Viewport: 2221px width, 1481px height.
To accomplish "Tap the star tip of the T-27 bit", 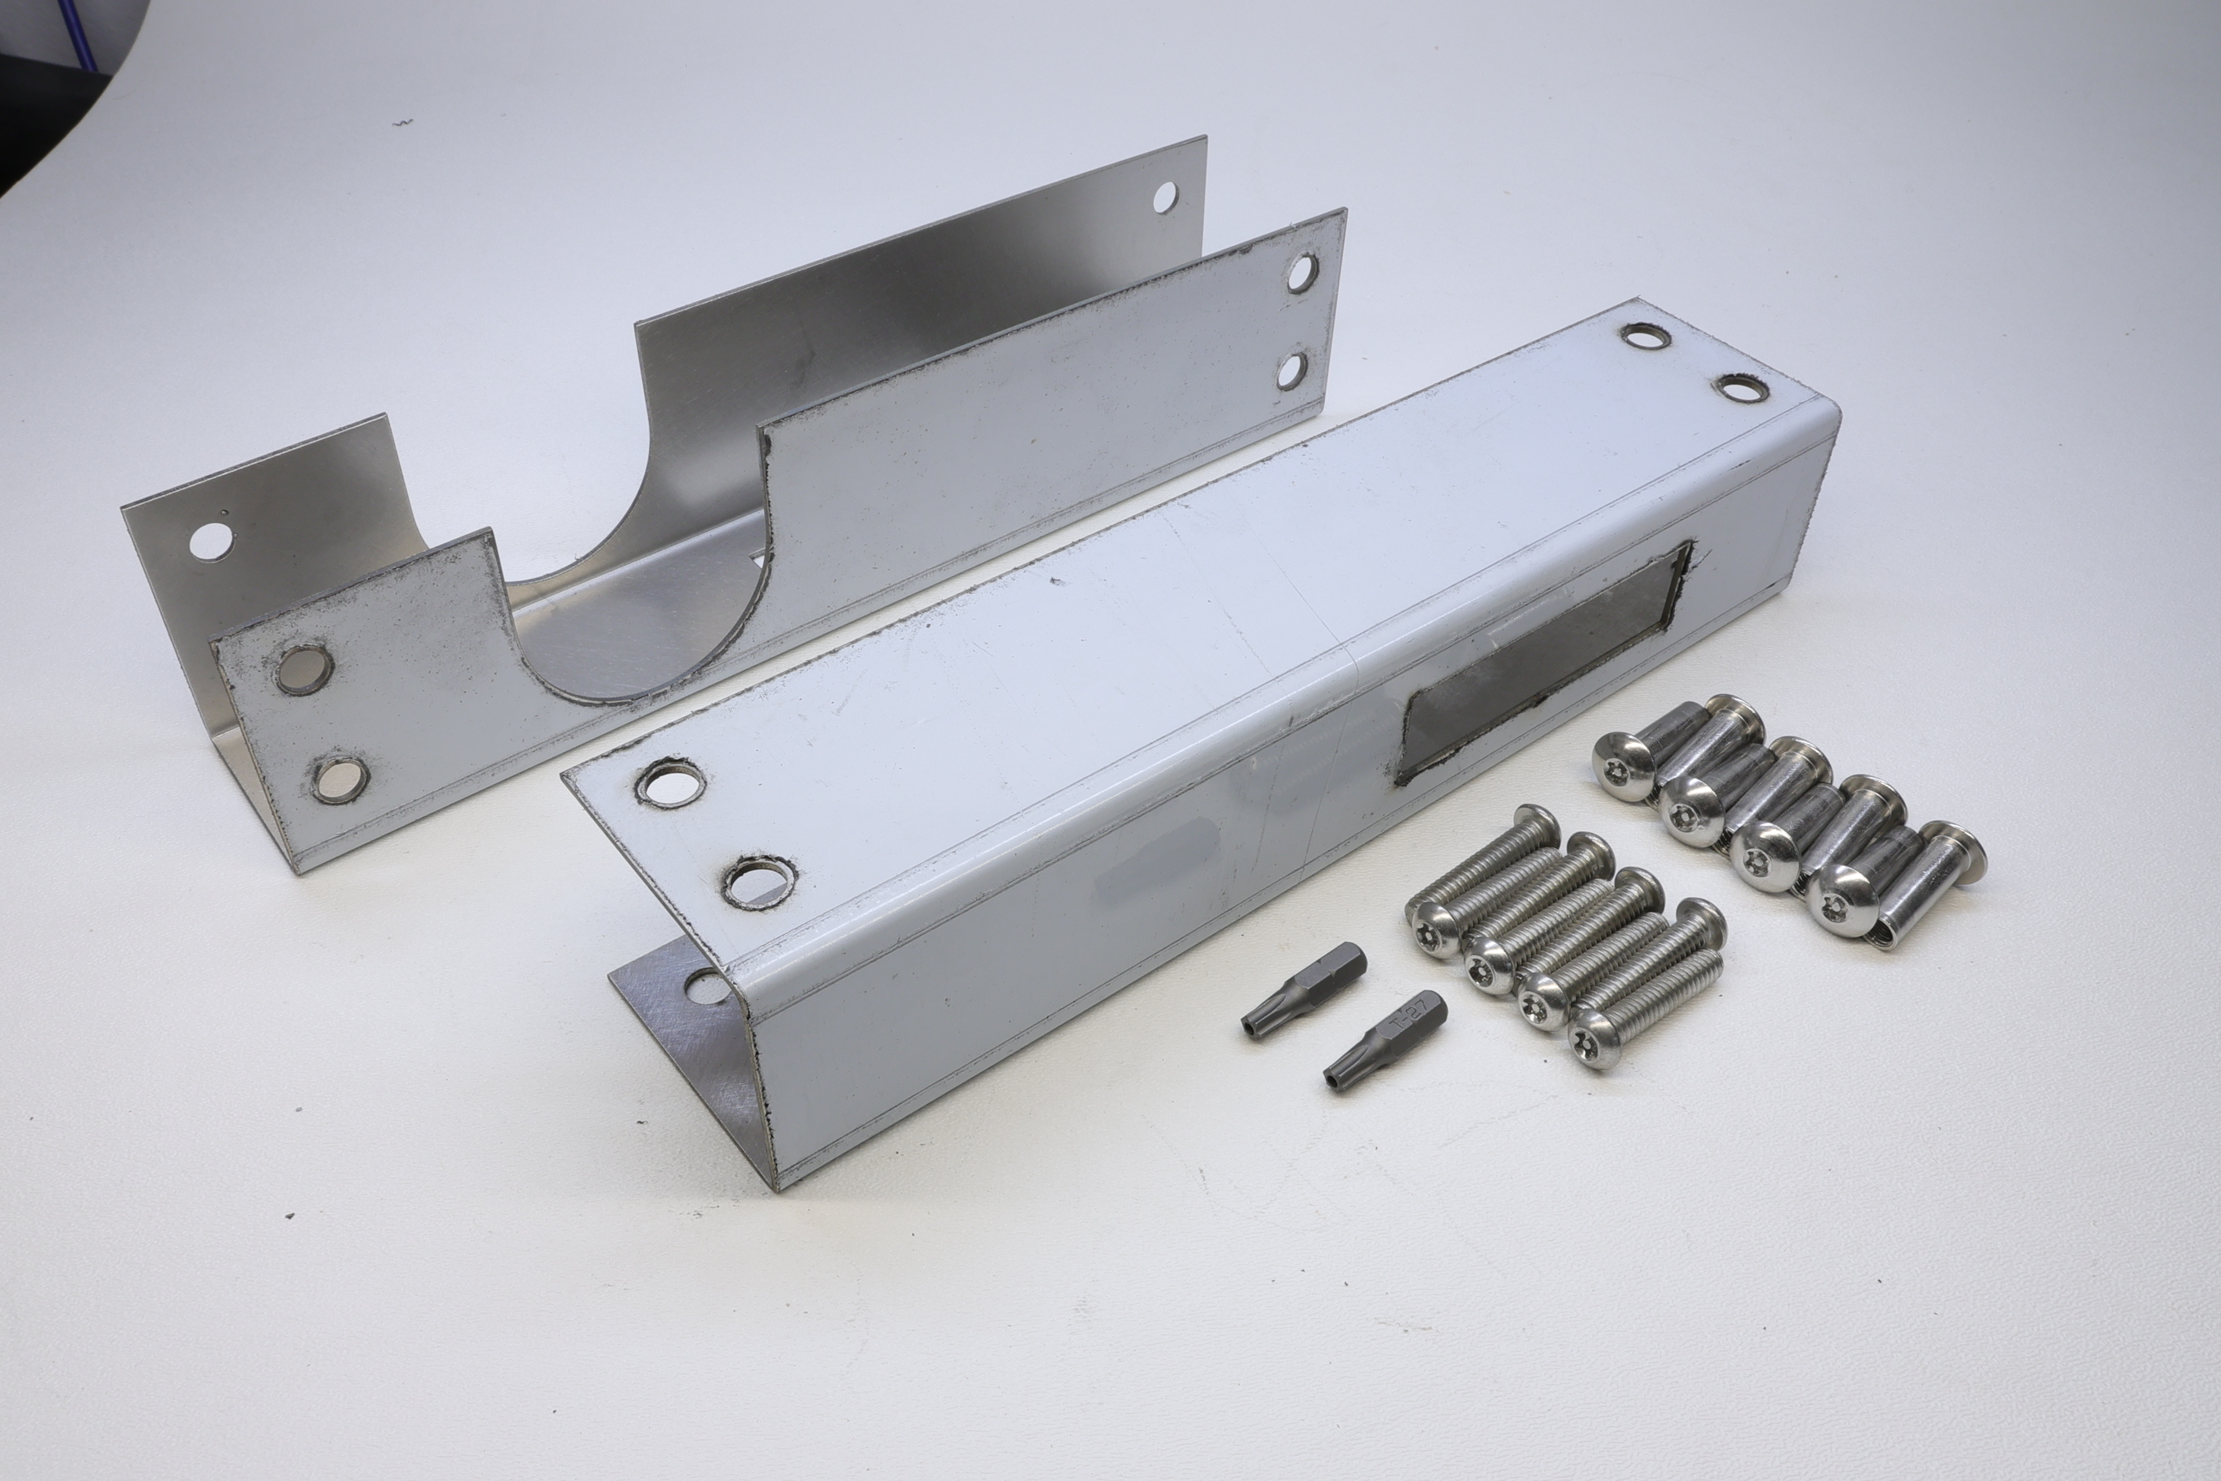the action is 1334,1072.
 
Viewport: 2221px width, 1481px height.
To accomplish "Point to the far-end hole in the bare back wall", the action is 1165,196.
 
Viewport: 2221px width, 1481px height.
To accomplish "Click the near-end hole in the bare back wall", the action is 212,541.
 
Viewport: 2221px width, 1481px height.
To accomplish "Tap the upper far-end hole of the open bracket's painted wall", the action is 1302,271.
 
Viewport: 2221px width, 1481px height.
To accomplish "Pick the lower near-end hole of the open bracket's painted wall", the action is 339,778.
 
